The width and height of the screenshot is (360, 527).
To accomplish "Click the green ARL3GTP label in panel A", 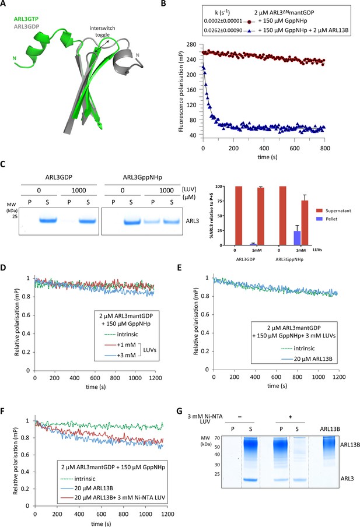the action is (x=26, y=19).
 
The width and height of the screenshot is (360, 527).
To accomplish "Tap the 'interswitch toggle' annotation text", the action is (x=102, y=31).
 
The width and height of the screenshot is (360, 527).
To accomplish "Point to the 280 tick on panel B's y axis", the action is (x=191, y=44).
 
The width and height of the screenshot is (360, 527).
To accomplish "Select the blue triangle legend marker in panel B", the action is (x=249, y=30).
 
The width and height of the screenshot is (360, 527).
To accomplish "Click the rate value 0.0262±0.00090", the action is (x=223, y=30).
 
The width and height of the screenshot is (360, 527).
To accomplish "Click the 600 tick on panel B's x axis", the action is (x=295, y=148).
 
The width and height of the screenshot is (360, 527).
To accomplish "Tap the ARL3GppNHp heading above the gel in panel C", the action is (x=142, y=177).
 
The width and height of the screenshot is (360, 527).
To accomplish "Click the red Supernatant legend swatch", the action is (x=319, y=210).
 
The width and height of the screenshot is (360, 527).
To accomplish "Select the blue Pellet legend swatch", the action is (x=319, y=219).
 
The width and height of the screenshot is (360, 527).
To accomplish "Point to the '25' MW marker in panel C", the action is (x=15, y=216).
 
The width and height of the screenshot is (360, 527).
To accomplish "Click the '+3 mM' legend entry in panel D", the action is (x=126, y=355).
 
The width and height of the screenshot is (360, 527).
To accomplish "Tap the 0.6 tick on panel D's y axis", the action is (x=26, y=315).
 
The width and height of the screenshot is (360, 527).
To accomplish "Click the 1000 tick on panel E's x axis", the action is (x=318, y=377).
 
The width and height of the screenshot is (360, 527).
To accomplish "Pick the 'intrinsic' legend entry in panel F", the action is (x=85, y=479).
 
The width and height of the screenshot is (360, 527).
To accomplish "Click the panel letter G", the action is (x=179, y=411).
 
